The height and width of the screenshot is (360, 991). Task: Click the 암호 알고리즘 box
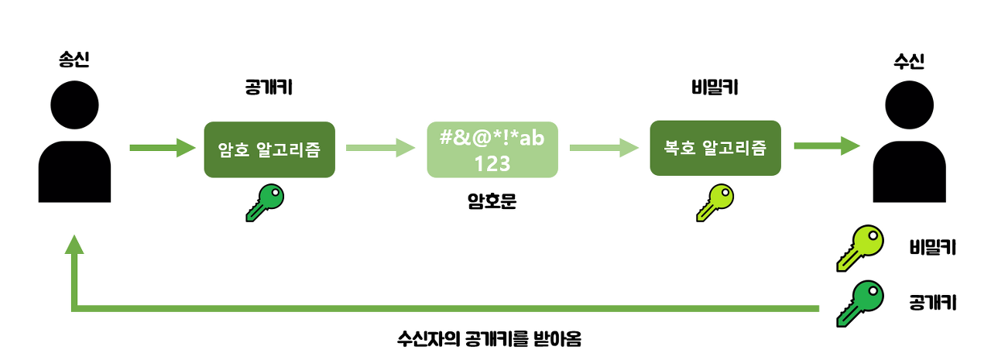[269, 149]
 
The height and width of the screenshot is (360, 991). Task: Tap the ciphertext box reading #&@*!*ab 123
[492, 149]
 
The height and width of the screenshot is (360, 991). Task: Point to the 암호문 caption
[492, 203]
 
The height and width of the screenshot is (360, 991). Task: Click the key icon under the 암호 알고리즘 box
[265, 204]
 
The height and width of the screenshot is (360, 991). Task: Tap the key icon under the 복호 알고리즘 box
[715, 203]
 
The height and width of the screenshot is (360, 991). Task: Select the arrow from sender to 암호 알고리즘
[162, 147]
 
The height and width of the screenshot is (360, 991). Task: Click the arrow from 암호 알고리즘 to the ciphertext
[380, 147]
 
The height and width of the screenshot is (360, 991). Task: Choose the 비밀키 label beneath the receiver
[932, 247]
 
